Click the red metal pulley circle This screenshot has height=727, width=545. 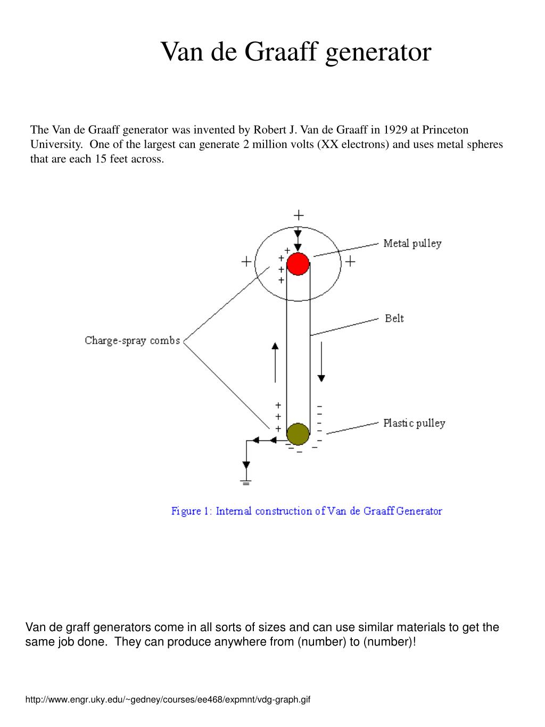coord(298,264)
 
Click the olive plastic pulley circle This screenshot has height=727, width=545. coord(298,434)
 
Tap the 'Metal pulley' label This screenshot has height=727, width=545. coord(412,243)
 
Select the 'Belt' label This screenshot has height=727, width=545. coord(394,318)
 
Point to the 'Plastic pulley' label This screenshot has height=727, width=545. coord(414,423)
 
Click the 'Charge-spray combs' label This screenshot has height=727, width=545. coord(133,340)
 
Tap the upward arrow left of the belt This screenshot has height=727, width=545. coord(275,362)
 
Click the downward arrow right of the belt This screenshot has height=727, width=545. coord(321,362)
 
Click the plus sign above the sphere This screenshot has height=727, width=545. coord(299,215)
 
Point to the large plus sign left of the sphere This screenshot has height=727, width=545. coord(246,262)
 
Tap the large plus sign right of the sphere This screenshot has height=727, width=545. coord(350,262)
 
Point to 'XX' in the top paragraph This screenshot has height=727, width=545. coord(327,145)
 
